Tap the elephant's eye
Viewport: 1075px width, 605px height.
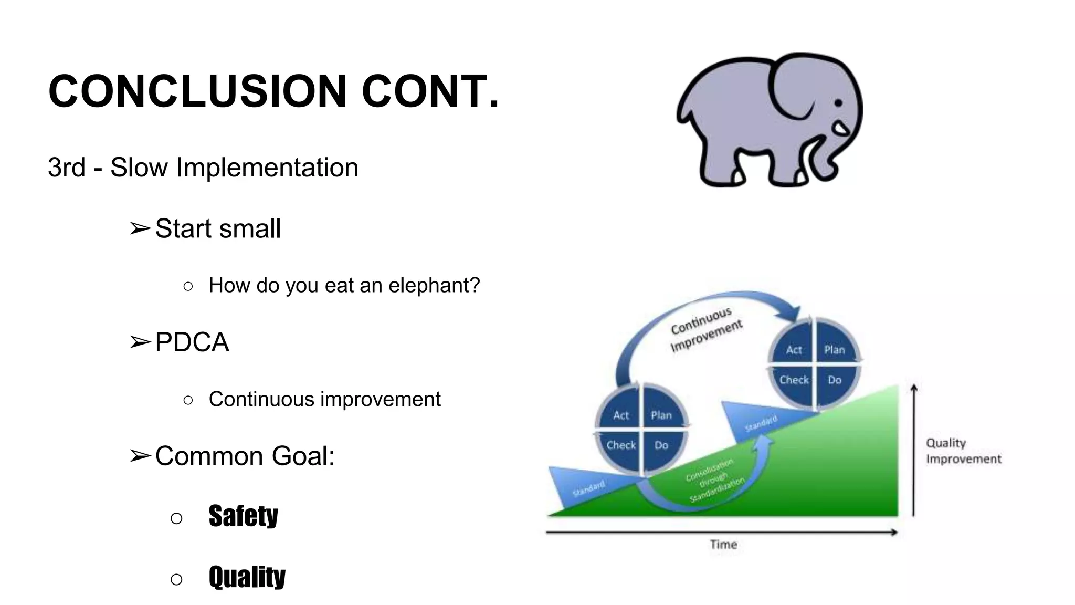[838, 103]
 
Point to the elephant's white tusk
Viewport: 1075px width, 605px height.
[842, 129]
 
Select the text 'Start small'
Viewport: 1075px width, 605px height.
[218, 229]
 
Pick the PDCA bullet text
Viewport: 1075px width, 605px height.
[192, 342]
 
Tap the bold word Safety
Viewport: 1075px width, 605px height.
[243, 516]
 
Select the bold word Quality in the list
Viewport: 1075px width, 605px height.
[247, 577]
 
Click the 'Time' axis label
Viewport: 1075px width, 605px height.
[723, 545]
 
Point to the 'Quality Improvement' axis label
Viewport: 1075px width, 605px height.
[963, 451]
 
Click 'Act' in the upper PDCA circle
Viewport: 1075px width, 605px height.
[794, 350]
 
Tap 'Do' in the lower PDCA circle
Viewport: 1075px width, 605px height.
[661, 445]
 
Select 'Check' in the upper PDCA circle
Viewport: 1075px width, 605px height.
[794, 380]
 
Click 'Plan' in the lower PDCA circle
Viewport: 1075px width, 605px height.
[661, 415]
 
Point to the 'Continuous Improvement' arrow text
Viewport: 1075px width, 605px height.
[705, 329]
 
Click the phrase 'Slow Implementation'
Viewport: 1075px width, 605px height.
[234, 168]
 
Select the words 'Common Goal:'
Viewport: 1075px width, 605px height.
[245, 456]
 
